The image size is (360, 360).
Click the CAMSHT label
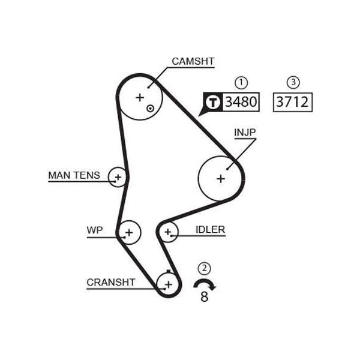tap(193, 61)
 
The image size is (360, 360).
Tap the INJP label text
tap(245, 132)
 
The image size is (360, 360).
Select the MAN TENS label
tap(74, 175)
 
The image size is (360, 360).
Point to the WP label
tap(95, 230)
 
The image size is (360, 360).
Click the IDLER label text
tap(210, 230)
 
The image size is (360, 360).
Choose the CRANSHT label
tap(111, 282)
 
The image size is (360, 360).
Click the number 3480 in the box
tap(241, 102)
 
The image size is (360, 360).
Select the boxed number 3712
tap(292, 102)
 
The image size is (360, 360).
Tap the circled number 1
tap(241, 83)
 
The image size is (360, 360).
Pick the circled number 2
tap(204, 268)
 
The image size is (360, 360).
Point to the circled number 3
tap(293, 82)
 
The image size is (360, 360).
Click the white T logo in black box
tap(213, 102)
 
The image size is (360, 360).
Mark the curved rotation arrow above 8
tap(205, 281)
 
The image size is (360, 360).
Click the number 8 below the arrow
tap(205, 296)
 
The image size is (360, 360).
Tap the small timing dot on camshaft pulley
tap(150, 109)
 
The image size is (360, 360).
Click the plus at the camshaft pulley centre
tap(140, 98)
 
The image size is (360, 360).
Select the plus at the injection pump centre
tap(221, 179)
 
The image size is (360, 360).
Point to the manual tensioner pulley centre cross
tap(118, 177)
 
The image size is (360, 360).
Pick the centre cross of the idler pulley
tap(168, 232)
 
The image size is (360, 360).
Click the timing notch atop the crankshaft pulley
tap(169, 271)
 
